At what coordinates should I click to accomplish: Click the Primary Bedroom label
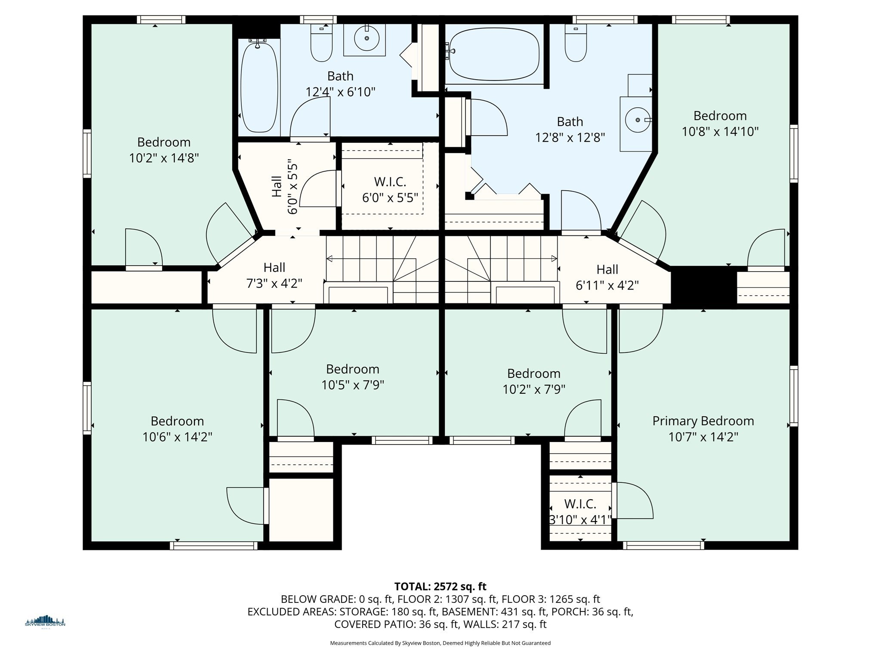click(703, 421)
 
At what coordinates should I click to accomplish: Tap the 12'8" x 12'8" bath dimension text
click(570, 138)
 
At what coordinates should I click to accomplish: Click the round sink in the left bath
click(367, 38)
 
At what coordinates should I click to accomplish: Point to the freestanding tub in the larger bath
click(494, 54)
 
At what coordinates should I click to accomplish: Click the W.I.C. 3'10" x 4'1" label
click(580, 512)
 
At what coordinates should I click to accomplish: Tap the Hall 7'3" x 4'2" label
click(274, 275)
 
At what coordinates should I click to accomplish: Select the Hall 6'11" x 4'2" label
click(607, 277)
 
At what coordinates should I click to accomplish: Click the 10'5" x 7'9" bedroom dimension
click(353, 385)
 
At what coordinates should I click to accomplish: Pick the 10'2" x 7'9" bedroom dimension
click(533, 389)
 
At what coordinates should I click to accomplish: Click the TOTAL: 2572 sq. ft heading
click(440, 586)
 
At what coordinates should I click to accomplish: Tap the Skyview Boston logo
click(45, 622)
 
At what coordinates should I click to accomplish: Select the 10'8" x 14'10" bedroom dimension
click(720, 132)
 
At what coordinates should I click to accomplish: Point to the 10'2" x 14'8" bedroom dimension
click(164, 158)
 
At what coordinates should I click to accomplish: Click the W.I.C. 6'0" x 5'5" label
click(390, 190)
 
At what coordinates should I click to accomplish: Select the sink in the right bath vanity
click(638, 120)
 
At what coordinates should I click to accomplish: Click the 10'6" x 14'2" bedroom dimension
click(177, 437)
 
